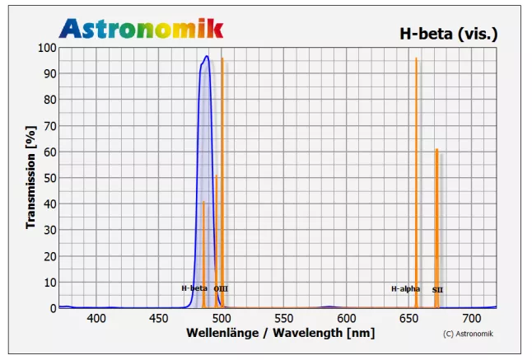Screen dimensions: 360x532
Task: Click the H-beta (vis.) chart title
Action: pyautogui.click(x=448, y=34)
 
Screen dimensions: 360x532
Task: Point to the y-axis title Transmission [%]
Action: pyautogui.click(x=31, y=177)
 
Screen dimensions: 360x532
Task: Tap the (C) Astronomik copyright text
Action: pyautogui.click(x=469, y=334)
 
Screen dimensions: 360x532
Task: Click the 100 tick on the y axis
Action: pyautogui.click(x=48, y=48)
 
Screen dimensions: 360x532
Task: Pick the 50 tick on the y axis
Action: pyautogui.click(x=50, y=178)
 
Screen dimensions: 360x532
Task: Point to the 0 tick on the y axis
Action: pyautogui.click(x=54, y=308)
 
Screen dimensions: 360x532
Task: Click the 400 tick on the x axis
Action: pyautogui.click(x=96, y=318)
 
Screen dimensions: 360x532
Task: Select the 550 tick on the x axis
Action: pyautogui.click(x=284, y=318)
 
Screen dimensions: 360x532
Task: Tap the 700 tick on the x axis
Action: pyautogui.click(x=471, y=318)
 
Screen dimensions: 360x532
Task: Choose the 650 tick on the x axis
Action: pyautogui.click(x=408, y=318)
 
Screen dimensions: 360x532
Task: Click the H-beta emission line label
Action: pyautogui.click(x=194, y=288)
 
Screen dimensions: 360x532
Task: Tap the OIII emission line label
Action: pyautogui.click(x=221, y=289)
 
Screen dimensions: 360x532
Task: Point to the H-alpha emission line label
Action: pyautogui.click(x=405, y=289)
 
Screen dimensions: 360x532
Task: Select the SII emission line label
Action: pyautogui.click(x=437, y=290)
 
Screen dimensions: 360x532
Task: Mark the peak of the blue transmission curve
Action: pyautogui.click(x=207, y=56)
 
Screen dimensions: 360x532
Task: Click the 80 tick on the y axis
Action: pyautogui.click(x=50, y=100)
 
